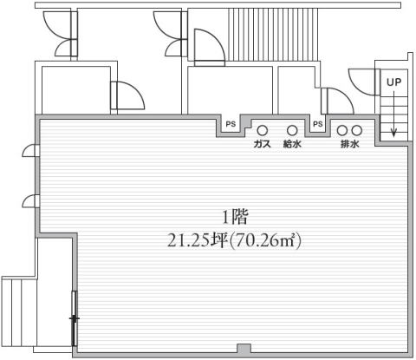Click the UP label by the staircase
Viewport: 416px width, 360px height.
[x=394, y=82]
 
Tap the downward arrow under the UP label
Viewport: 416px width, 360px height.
[x=393, y=115]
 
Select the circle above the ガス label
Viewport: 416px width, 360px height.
[x=263, y=130]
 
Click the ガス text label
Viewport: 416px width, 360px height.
[x=263, y=144]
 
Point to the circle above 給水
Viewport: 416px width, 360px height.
[x=292, y=130]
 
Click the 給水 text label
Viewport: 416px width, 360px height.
[x=292, y=144]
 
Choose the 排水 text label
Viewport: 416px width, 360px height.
[x=350, y=144]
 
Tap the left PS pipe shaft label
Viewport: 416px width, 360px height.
[x=231, y=124]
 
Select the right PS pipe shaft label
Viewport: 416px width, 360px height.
[x=318, y=124]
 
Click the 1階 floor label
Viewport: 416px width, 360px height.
[x=235, y=218]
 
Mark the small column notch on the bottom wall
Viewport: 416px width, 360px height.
[x=244, y=349]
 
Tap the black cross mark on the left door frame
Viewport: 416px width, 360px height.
[x=75, y=318]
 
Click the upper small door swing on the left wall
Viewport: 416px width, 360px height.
[x=30, y=151]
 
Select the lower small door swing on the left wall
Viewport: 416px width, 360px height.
[x=30, y=201]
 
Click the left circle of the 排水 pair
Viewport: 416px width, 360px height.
[x=342, y=130]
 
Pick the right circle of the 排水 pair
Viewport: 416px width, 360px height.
[x=357, y=130]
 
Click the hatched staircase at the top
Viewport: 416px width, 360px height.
[x=273, y=35]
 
